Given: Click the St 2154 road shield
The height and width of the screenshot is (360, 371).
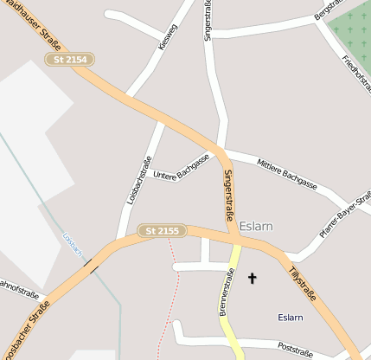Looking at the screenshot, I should pyautogui.click(x=70, y=60).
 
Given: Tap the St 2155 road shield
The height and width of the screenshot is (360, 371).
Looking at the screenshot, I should pyautogui.click(x=162, y=231).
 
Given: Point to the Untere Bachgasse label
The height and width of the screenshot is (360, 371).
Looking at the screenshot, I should pyautogui.click(x=182, y=168).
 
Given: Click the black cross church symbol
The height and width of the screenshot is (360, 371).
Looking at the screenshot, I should pyautogui.click(x=253, y=278).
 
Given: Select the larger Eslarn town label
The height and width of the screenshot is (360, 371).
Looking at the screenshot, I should pyautogui.click(x=256, y=226).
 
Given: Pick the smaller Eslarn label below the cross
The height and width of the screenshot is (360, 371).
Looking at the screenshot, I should pyautogui.click(x=290, y=318).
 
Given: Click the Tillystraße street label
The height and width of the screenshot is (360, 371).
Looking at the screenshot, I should pyautogui.click(x=301, y=286).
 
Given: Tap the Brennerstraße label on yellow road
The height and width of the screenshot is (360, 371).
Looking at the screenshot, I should pyautogui.click(x=226, y=292).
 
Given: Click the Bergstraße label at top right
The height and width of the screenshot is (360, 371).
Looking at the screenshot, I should pyautogui.click(x=328, y=10).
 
